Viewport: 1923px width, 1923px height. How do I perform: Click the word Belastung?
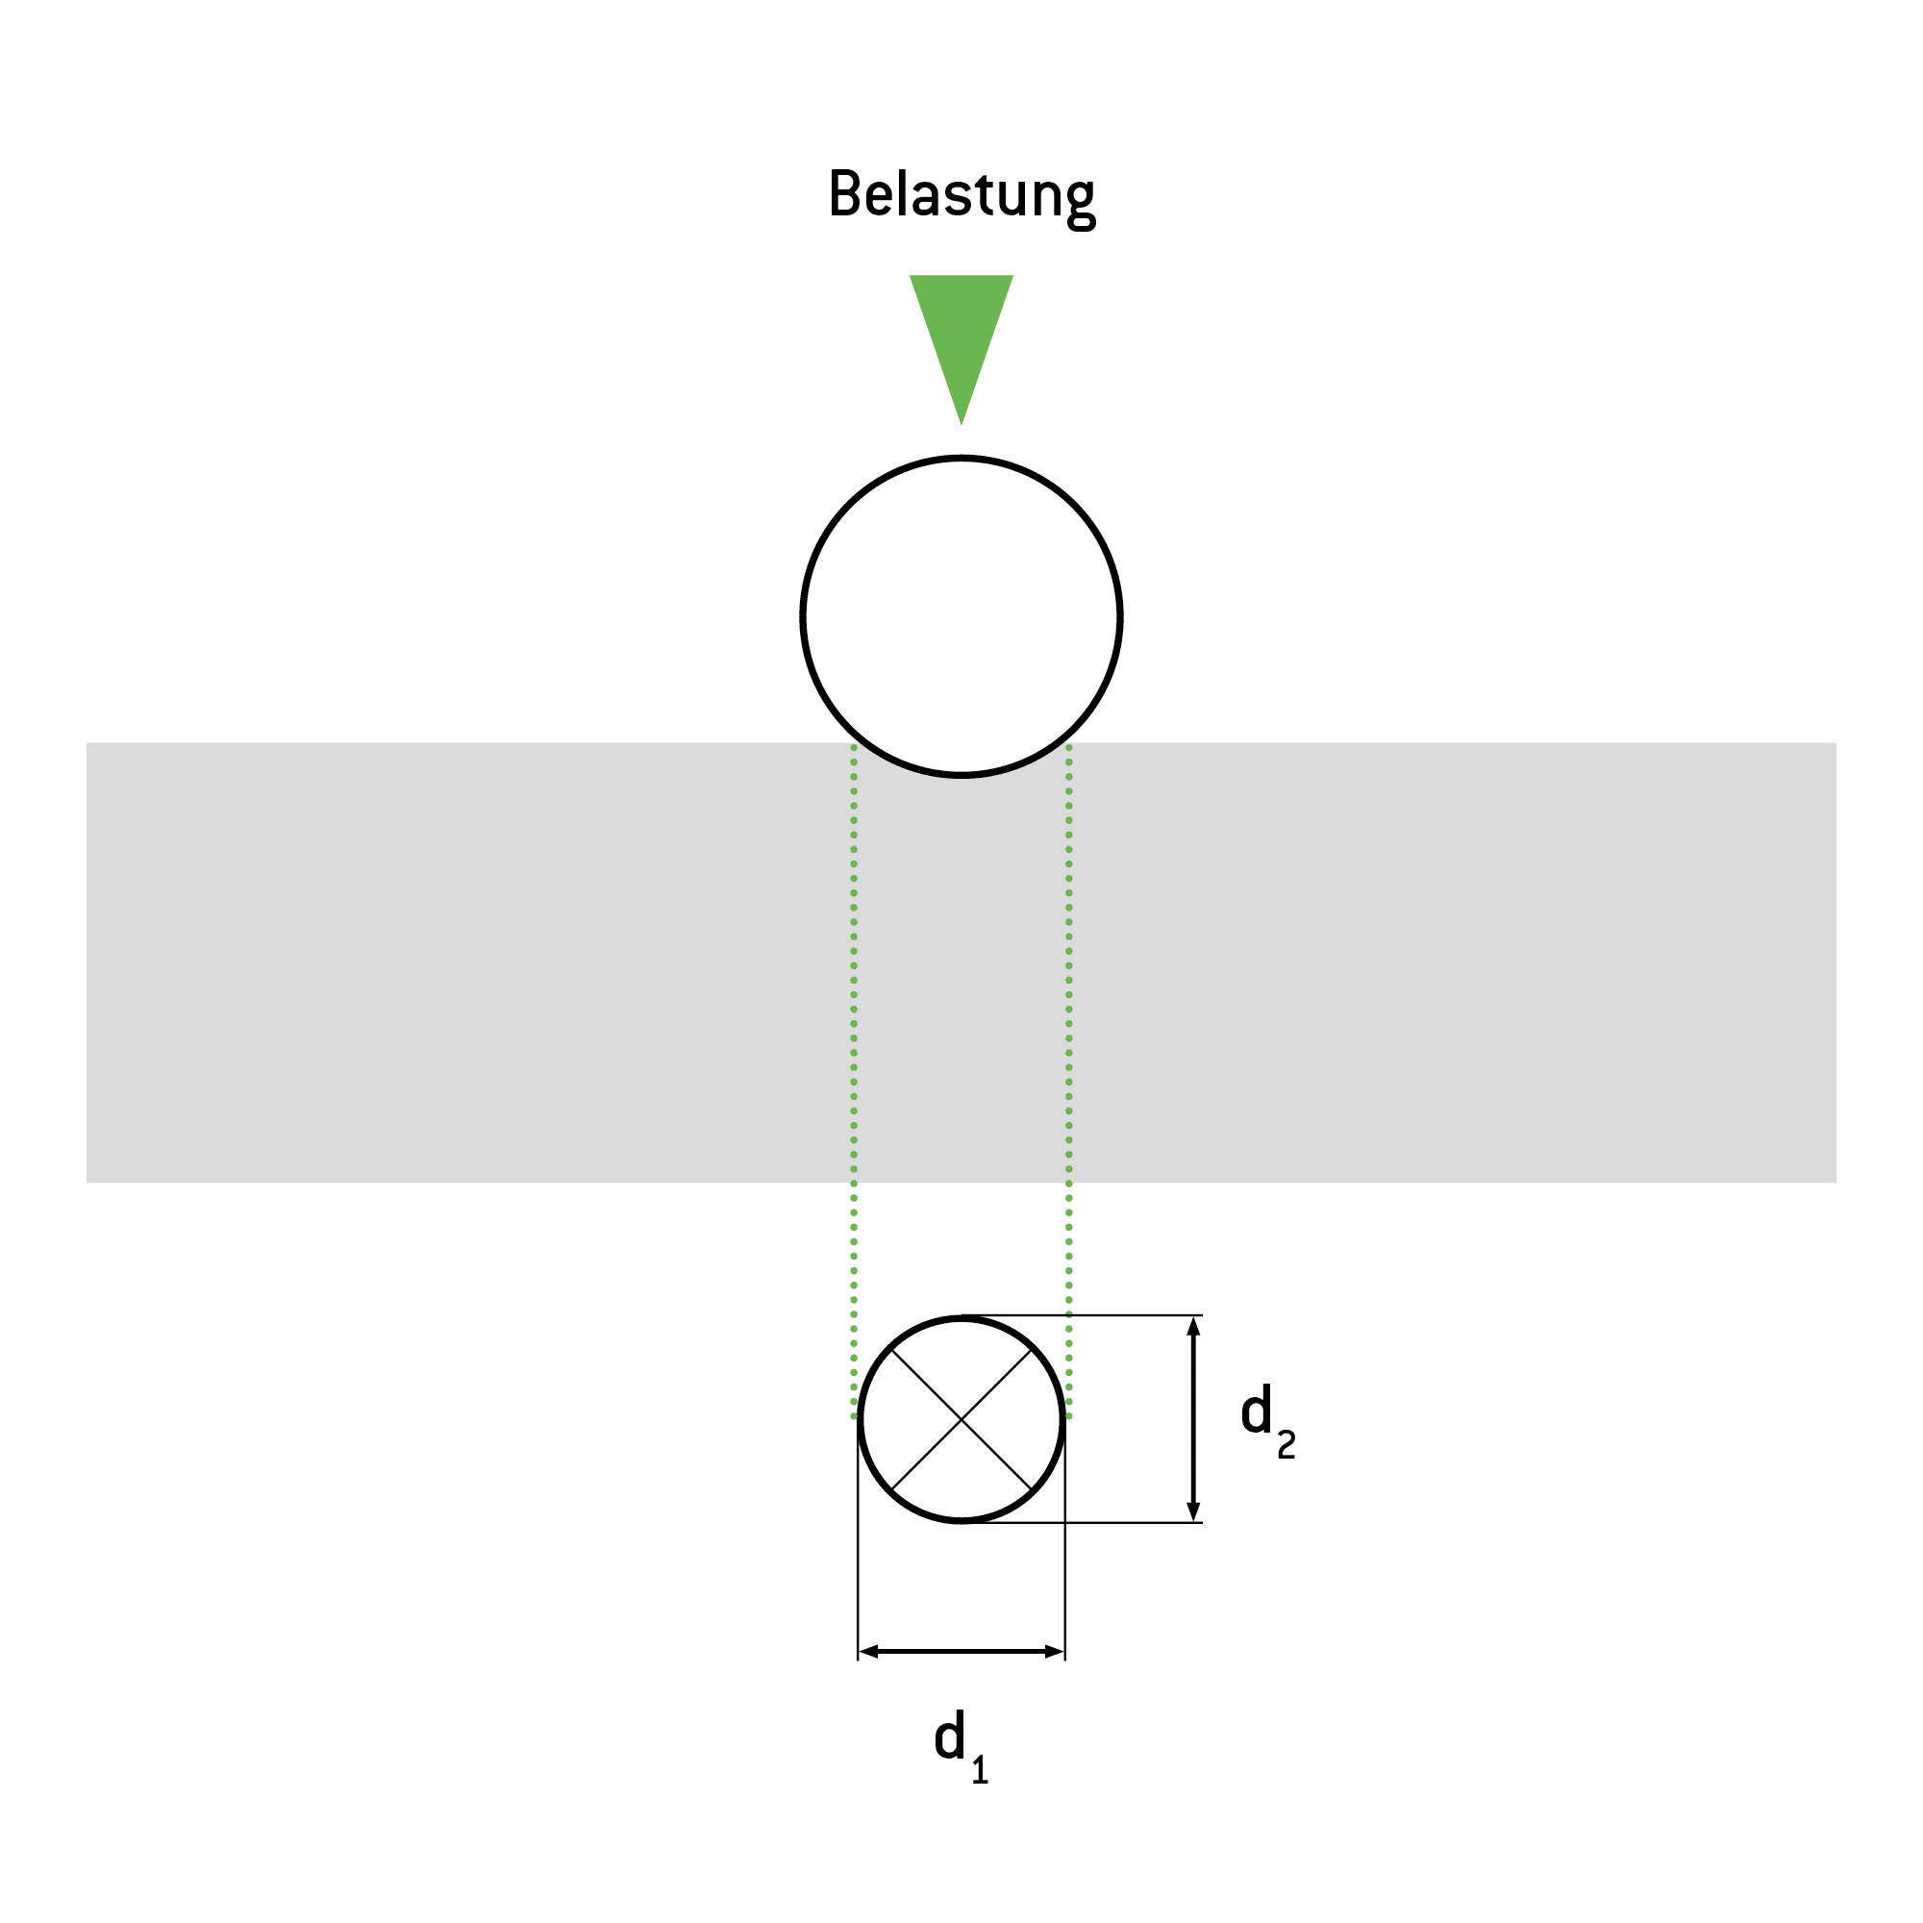[961, 197]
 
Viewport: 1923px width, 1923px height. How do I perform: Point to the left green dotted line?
[854, 1081]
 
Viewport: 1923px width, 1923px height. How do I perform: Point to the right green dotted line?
[1069, 1081]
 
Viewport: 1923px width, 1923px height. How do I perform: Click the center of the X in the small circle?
[961, 1419]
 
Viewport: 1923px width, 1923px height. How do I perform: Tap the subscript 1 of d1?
[981, 1771]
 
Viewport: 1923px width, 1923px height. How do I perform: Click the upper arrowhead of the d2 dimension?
[1194, 1326]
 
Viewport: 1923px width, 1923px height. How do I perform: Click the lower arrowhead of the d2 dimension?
[1194, 1511]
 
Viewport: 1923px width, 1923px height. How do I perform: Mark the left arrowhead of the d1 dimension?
[869, 1652]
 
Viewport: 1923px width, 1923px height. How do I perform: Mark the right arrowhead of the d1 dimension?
[1054, 1652]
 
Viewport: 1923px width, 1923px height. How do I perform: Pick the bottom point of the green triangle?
[961, 425]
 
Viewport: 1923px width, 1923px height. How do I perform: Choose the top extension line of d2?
[1082, 1316]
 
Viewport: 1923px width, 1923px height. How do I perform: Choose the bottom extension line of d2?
[1082, 1523]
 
